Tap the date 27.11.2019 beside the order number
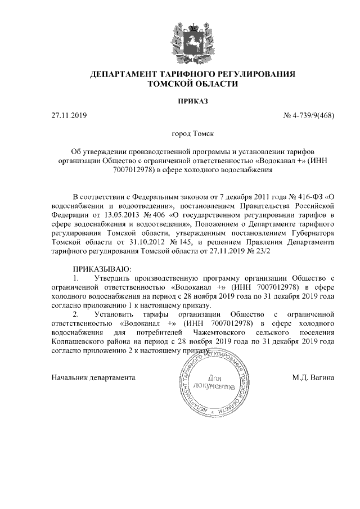click(67, 116)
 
